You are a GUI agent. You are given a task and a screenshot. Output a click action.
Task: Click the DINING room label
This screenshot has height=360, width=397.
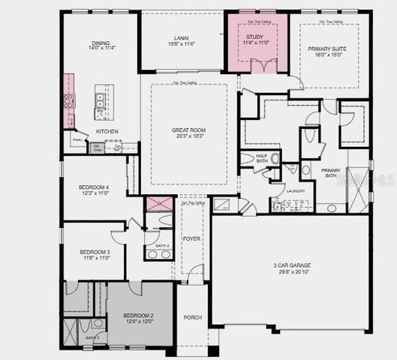pos(101,43)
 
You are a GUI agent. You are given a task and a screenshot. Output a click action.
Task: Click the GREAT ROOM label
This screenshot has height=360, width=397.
pos(188,130)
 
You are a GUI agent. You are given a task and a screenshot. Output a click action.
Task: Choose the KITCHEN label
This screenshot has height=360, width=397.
pos(107,132)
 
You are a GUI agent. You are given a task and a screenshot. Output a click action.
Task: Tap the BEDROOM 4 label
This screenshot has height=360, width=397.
pos(95,187)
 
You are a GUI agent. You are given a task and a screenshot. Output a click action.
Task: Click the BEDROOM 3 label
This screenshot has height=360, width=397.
pos(95,251)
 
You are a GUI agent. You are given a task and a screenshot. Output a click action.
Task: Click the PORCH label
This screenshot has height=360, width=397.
pos(193,317)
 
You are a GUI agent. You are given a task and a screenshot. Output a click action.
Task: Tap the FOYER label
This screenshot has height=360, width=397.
pos(191,239)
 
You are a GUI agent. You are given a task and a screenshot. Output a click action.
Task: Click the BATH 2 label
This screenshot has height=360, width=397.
pos(162,246)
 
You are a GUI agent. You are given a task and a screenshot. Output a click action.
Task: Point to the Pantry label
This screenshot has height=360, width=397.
pos(77,139)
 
